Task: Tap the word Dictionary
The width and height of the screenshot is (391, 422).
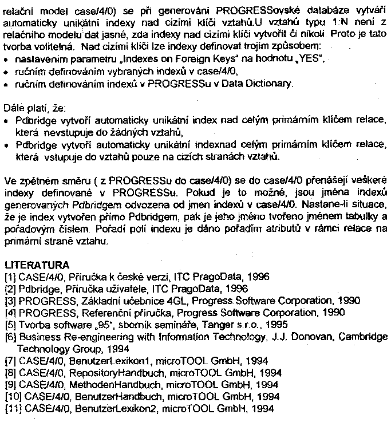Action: click(268, 84)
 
